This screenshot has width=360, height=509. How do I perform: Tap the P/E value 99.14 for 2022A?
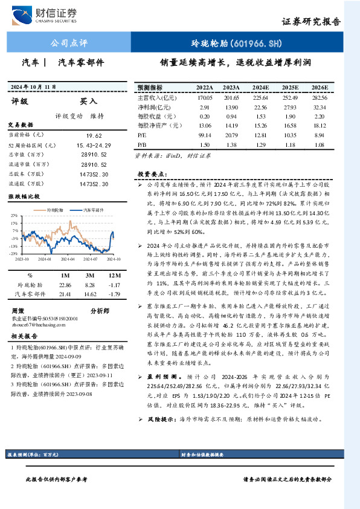(205, 135)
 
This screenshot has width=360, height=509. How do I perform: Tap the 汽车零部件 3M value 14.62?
(90, 293)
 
